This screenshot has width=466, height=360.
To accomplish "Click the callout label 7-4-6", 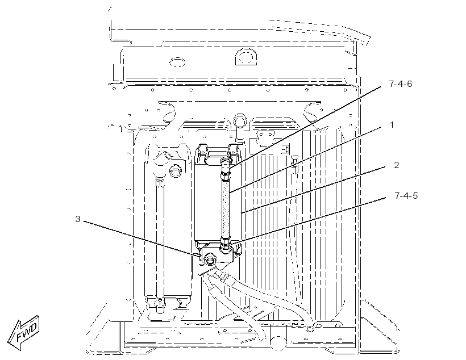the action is [x=400, y=84].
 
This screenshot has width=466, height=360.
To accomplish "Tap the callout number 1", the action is [x=392, y=125].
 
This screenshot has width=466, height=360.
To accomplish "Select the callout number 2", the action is [x=397, y=165].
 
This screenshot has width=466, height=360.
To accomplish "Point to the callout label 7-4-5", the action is [x=406, y=196].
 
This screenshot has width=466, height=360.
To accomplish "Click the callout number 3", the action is [x=77, y=219].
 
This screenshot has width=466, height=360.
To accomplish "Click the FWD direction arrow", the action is [x=24, y=333].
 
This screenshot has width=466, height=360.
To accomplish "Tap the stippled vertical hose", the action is [x=225, y=208].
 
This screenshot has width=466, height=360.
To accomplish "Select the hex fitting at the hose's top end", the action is [x=225, y=176].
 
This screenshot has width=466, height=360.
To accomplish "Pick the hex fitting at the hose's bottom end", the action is [x=225, y=244].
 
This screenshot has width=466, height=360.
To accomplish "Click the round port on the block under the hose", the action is [x=210, y=260].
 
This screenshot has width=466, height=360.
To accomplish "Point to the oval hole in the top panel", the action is [x=177, y=62].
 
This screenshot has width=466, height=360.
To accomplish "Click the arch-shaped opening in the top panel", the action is [x=246, y=56].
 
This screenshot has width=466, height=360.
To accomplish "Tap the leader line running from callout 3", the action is [x=140, y=238].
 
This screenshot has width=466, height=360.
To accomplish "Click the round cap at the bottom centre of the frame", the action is [x=278, y=342].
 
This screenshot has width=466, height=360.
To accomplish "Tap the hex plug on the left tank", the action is [x=175, y=171].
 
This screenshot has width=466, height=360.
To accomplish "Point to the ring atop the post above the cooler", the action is [x=240, y=120].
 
